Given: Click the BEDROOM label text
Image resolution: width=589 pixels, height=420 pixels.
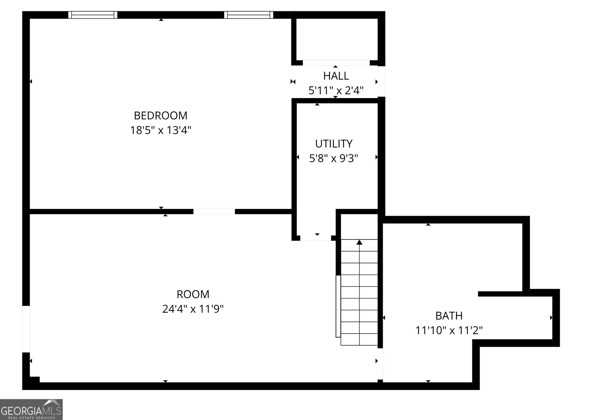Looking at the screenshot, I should point(161,115).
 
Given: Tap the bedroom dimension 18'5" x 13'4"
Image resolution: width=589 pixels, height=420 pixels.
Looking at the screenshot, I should point(161,130).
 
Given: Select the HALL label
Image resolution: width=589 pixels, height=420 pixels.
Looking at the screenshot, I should point(336,76).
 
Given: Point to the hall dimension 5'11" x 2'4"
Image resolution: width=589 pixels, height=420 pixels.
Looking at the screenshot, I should point(336,90).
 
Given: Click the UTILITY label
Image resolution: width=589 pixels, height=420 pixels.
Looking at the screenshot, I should point(334,143).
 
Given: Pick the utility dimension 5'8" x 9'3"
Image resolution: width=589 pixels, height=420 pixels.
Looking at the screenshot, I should point(334,158).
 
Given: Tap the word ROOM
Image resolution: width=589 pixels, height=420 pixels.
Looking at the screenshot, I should point(193,294).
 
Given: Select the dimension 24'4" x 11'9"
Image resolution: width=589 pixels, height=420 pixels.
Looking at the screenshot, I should point(193,309).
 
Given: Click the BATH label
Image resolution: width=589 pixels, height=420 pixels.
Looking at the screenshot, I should point(449,316).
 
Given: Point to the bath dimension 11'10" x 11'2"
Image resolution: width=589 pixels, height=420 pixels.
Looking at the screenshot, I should point(449,330).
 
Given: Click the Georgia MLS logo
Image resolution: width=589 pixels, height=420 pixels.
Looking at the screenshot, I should point(31,409).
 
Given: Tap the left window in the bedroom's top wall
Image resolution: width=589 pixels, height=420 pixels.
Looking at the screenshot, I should point(93,15).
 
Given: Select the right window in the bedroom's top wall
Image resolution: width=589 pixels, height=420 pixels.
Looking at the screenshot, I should point(248,15).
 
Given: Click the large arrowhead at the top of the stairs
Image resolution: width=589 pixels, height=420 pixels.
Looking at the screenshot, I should point(359,242).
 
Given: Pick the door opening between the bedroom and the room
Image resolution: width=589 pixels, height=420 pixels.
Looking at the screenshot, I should point(214,211).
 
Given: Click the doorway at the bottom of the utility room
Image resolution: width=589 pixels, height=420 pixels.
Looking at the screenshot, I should point(316,238).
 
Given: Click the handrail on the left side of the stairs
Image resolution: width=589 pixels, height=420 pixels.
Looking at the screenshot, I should point(338,306).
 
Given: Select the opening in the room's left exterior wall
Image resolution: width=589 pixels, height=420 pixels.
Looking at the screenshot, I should point(26,329).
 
